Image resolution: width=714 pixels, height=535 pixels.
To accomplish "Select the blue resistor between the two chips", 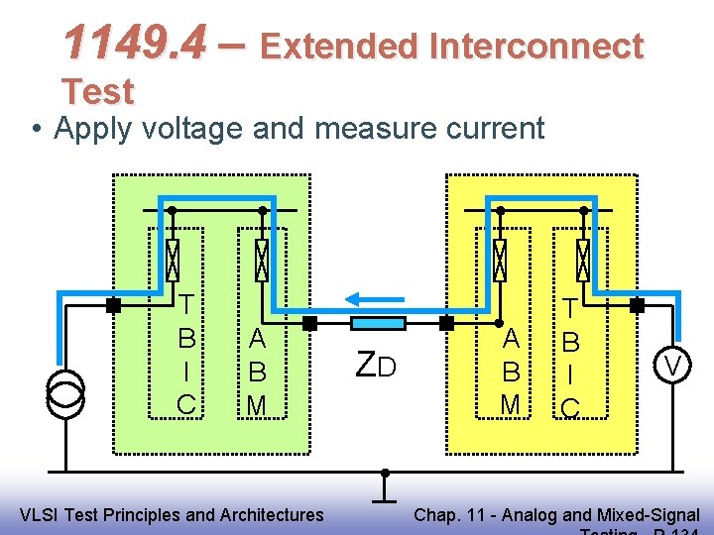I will coord(378,323).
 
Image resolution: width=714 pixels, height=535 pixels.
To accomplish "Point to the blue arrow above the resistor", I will coord(374,297).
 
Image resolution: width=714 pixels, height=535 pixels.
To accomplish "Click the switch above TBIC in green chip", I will coord(173,261).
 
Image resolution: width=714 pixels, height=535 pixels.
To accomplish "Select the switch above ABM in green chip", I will coord(263,261).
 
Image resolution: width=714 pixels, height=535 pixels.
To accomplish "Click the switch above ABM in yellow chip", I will coord(500,261).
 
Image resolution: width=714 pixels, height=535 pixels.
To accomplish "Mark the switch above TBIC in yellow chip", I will coord(583,261).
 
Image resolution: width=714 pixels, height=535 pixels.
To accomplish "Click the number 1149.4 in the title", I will coord(135,43).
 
